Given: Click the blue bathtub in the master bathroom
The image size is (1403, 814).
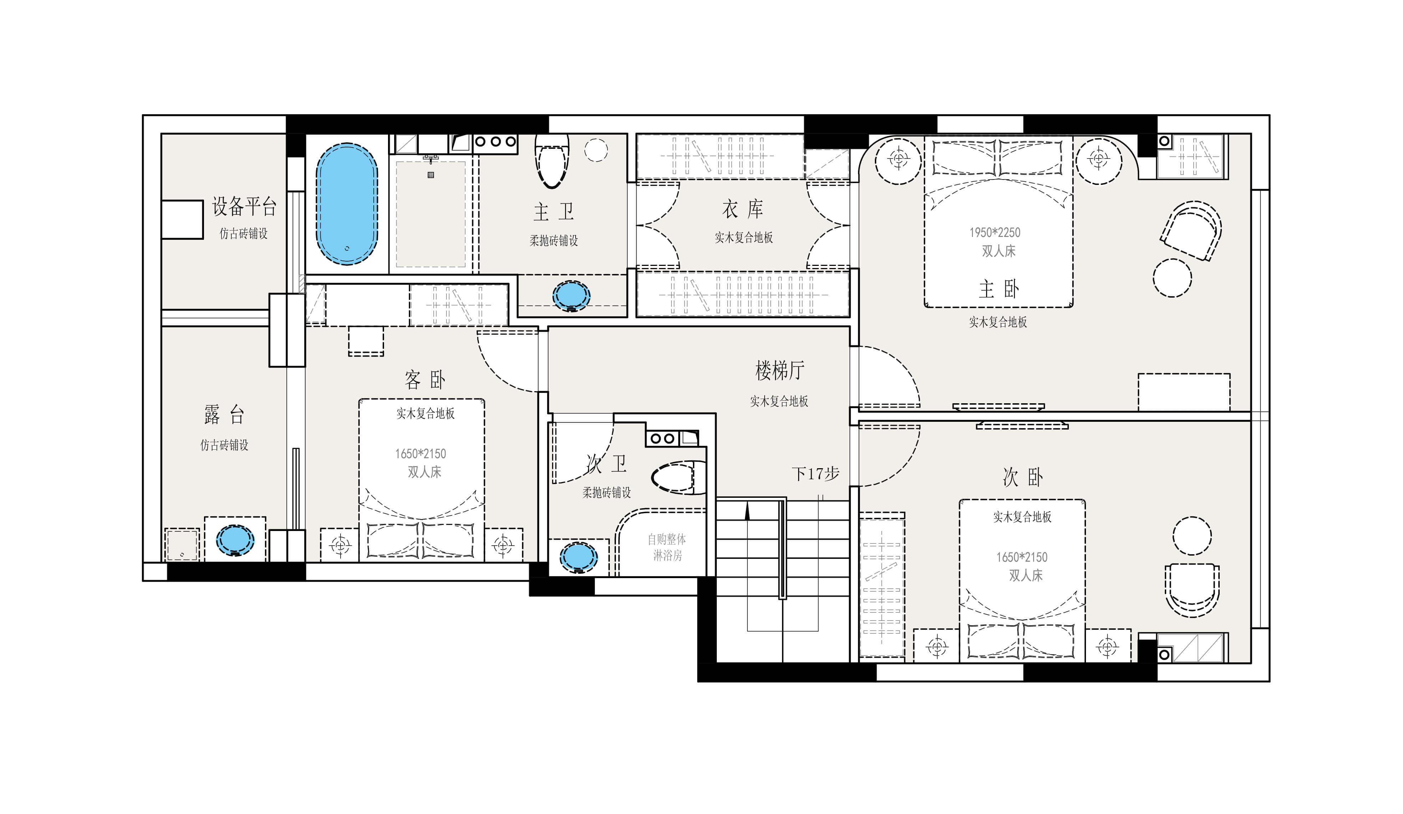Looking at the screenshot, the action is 347,204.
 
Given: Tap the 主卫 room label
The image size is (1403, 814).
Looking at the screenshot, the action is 553,212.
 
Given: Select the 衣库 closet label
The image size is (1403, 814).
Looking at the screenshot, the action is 743,209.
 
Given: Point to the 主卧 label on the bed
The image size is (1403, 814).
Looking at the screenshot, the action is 999,289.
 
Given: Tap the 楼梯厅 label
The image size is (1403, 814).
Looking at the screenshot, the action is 780,370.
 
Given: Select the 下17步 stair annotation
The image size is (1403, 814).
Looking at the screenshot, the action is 815,474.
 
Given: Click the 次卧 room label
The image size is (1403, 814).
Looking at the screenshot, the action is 1023,477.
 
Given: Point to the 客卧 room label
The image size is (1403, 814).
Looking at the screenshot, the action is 425,380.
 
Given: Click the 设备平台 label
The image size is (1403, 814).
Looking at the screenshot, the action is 244,207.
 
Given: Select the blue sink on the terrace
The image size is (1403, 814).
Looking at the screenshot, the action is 235,540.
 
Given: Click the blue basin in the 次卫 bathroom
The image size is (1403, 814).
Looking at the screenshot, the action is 578,557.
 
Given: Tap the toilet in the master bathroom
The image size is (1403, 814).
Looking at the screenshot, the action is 552,161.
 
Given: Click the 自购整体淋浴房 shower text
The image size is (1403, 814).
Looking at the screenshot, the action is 667,547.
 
